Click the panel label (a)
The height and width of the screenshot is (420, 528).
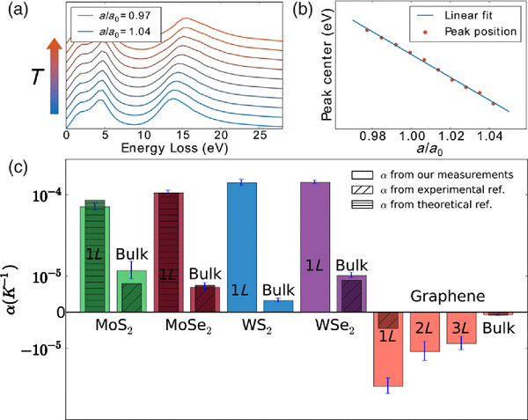pos(17,11)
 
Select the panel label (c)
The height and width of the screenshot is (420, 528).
pos(17,167)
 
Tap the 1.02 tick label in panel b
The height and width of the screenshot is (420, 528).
pos(449,137)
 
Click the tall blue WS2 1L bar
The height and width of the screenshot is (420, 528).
pos(242,247)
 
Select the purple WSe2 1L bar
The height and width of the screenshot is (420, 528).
pos(315,247)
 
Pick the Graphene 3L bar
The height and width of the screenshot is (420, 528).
pos(461,328)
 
